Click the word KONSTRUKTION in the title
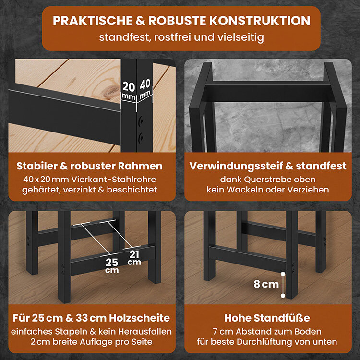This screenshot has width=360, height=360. pos(260,21)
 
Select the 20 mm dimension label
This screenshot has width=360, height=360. pos(129,90)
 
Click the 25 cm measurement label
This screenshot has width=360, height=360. pos(112,265)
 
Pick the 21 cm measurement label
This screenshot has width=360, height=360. pos(134,258)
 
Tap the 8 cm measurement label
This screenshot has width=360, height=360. pos(266,284)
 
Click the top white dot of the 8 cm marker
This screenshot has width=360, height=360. pos(283,274)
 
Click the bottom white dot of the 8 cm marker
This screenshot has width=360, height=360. pos(283,296)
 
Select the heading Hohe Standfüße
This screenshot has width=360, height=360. pos(267,318)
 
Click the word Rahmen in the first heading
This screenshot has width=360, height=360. pos(140,166)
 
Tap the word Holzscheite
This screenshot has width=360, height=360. pos(139,318)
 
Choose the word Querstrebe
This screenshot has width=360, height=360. pos(267,180)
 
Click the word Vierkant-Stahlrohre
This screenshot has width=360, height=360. pos(114,180)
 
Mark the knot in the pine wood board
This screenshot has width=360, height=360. pos(111,91)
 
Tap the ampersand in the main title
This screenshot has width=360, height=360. pos(140,21)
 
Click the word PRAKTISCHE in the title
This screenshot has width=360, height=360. pos(93,21)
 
